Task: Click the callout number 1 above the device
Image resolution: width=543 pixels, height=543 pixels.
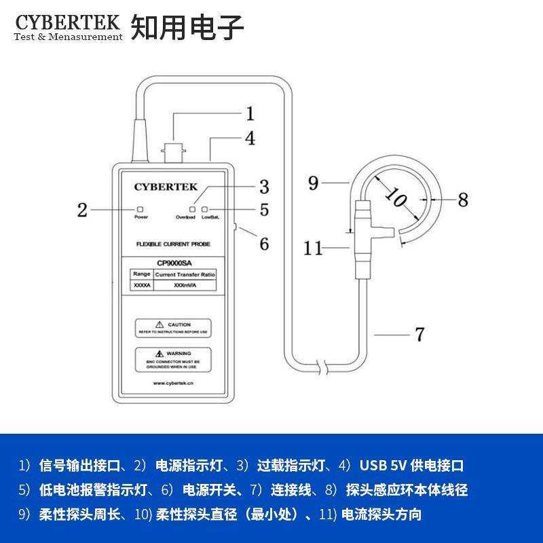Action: pyautogui.click(x=249, y=113)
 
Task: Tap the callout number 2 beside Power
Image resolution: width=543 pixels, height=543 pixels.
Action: pyautogui.click(x=82, y=210)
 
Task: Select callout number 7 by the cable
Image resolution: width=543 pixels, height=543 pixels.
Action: pyautogui.click(x=419, y=334)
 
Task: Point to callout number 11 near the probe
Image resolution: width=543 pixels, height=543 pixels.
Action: pyautogui.click(x=313, y=249)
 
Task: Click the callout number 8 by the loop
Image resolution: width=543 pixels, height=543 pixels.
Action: pyautogui.click(x=462, y=200)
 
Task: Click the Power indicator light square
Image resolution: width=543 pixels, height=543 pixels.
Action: pyautogui.click(x=141, y=209)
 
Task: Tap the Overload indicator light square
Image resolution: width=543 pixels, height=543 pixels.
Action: pyautogui.click(x=192, y=209)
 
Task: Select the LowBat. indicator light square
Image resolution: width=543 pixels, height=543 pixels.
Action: pyautogui.click(x=204, y=209)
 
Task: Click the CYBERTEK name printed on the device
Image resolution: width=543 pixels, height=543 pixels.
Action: pyautogui.click(x=166, y=187)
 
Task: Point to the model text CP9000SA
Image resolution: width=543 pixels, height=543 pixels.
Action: pyautogui.click(x=174, y=263)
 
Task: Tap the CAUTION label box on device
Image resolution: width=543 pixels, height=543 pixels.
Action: pyautogui.click(x=172, y=327)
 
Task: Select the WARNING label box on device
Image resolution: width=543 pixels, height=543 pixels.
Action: pyautogui.click(x=172, y=358)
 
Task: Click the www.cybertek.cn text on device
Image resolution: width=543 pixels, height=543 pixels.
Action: pyautogui.click(x=174, y=383)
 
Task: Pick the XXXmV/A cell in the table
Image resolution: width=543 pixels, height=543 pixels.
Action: pyautogui.click(x=185, y=286)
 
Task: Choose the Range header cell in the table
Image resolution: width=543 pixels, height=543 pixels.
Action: pyautogui.click(x=142, y=274)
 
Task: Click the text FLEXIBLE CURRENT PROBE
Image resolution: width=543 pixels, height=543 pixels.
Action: pyautogui.click(x=172, y=243)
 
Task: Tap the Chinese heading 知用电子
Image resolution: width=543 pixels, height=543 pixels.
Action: pyautogui.click(x=187, y=26)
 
